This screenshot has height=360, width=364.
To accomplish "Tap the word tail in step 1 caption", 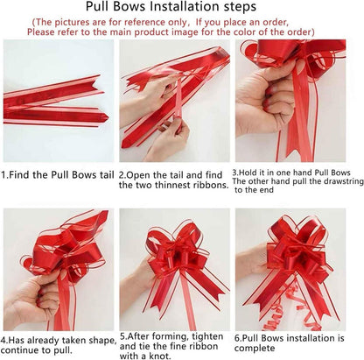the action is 105,175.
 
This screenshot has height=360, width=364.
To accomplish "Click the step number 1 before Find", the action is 3,175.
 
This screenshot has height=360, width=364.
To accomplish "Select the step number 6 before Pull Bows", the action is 237,338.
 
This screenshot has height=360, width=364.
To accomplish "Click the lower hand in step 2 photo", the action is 169,140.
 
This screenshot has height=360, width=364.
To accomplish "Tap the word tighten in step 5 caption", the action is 207,337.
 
